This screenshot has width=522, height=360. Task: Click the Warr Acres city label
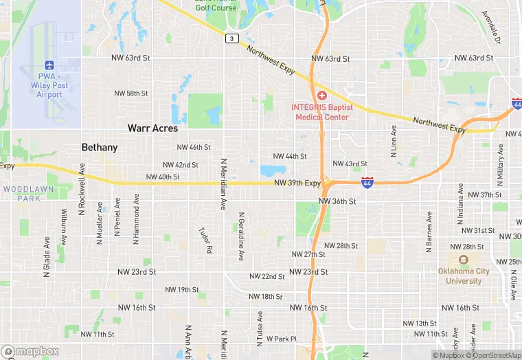coord(152,128)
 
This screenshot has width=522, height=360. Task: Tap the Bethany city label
coord(100,147)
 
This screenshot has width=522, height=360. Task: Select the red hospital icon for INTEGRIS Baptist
coord(321,95)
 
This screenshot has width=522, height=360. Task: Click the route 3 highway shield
coord(232,38)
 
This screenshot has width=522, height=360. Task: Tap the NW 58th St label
coord(131,93)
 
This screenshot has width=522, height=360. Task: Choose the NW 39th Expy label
coord(297,183)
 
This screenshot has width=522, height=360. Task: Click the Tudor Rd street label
coord(204,240)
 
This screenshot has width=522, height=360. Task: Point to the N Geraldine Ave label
coord(241,236)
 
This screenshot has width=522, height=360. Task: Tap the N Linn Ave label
coord(394,142)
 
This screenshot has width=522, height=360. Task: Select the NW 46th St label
coord(194,148)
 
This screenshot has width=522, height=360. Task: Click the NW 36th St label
coord(337,201)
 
